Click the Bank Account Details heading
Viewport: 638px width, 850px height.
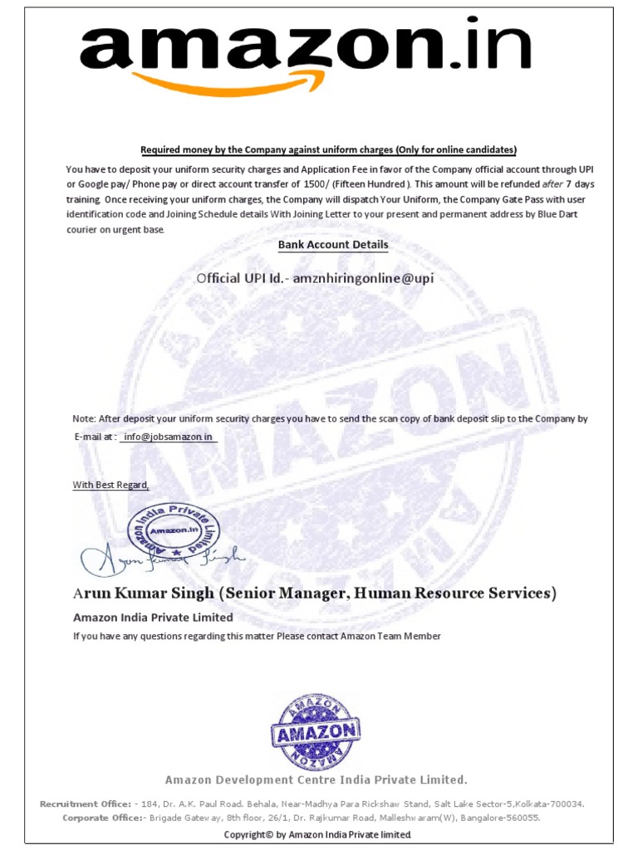332,245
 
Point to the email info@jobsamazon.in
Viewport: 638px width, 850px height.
169,436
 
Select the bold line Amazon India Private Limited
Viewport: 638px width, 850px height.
153,618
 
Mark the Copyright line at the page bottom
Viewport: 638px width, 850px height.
318,834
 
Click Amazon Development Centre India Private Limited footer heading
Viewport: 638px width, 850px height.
316,779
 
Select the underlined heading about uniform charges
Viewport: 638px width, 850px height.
328,149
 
